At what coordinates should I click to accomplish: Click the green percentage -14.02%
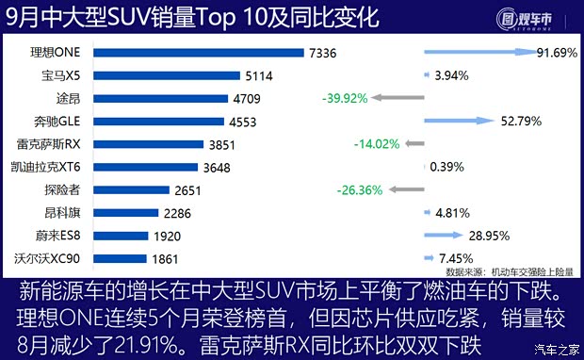coord(376,144)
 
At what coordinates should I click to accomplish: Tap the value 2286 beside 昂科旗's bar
coord(191,213)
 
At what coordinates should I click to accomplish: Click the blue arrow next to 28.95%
coord(442,236)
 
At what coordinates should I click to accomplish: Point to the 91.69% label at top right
coord(556,52)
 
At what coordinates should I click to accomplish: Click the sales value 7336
coord(324,52)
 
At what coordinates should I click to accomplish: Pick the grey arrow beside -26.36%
coord(406,189)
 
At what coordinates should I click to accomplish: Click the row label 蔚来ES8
coord(67,236)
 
